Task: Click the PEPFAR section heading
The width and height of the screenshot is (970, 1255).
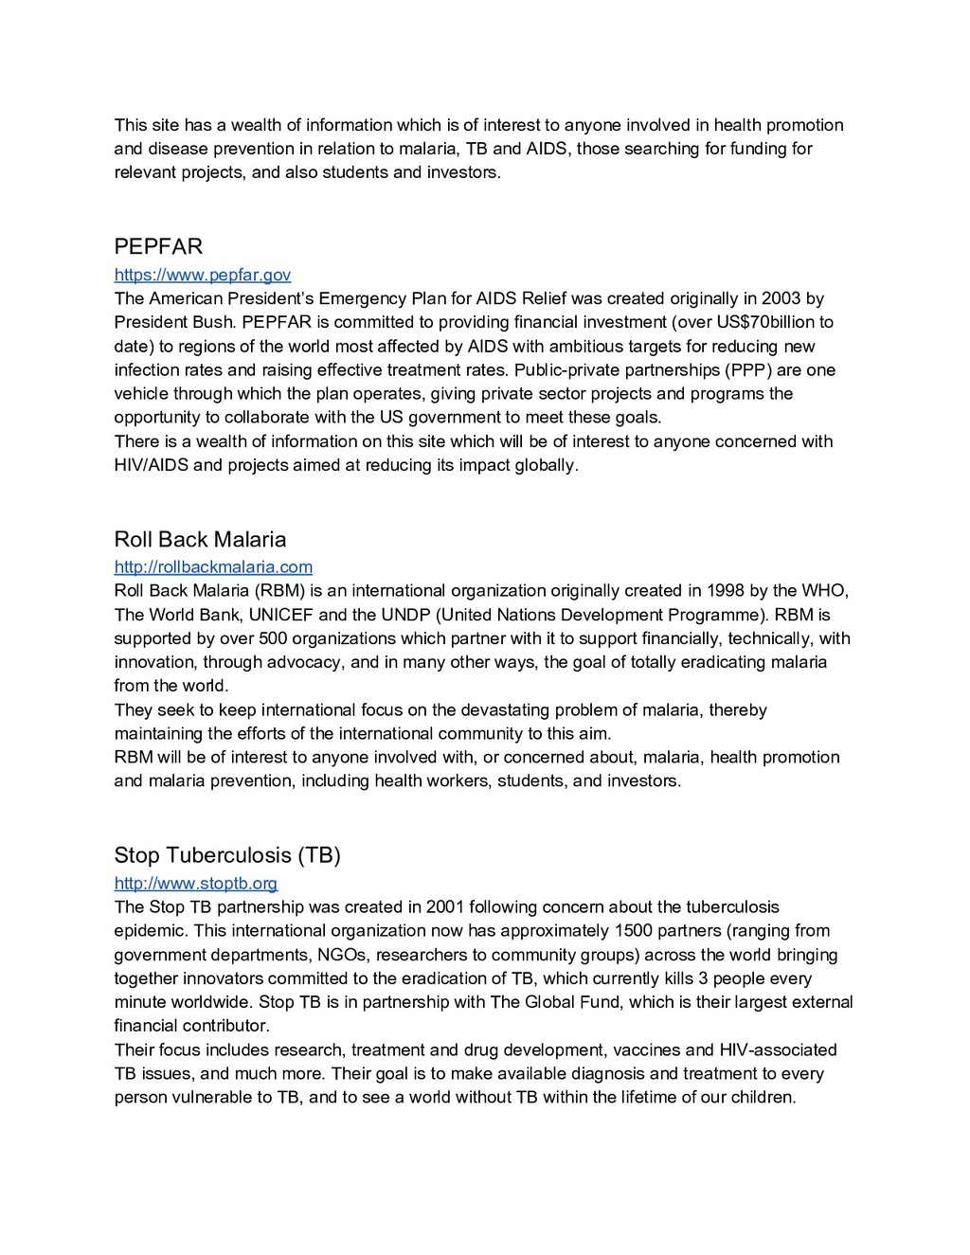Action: tap(158, 247)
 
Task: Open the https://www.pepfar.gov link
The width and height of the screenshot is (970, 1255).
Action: tap(202, 276)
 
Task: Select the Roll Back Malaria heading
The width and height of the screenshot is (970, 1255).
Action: tap(200, 540)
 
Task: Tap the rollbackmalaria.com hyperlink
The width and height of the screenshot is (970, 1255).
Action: tap(213, 567)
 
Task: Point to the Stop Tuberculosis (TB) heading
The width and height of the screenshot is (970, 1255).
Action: tap(227, 855)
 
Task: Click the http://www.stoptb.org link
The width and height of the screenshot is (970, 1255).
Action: tap(196, 884)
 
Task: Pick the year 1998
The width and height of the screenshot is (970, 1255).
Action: tap(724, 592)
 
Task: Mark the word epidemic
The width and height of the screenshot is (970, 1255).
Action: tap(148, 931)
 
